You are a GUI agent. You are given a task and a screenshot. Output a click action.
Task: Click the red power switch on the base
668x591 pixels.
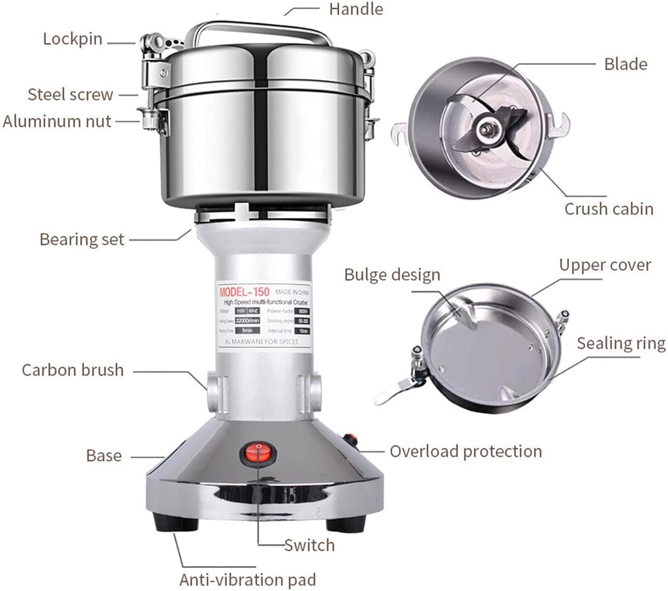click(258, 453)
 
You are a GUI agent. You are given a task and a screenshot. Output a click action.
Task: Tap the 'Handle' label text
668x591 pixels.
click(356, 9)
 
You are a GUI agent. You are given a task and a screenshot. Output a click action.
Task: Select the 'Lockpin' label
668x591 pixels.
click(72, 38)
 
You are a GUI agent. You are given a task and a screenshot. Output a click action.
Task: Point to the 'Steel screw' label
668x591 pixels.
click(70, 95)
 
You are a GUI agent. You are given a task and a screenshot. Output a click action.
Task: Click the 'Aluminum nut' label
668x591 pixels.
click(57, 121)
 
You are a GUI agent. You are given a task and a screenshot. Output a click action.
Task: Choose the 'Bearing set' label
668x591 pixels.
click(82, 239)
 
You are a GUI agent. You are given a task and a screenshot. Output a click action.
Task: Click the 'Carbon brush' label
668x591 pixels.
click(72, 370)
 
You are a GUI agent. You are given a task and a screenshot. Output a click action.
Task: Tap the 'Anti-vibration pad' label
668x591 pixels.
click(248, 579)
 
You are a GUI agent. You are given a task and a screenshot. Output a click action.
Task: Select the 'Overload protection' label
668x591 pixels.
click(466, 451)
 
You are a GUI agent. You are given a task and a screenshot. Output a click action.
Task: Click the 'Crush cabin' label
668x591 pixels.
click(609, 209)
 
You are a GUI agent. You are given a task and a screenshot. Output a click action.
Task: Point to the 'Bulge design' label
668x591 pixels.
click(392, 275)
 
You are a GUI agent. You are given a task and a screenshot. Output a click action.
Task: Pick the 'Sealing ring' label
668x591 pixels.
click(621, 344)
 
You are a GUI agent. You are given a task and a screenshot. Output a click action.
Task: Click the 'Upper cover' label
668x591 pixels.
click(605, 265)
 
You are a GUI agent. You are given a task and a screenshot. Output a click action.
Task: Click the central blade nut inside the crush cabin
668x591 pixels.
click(486, 128)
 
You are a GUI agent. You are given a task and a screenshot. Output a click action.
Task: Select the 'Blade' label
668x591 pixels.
click(626, 63)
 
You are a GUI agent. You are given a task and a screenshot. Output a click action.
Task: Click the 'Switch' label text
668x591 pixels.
click(309, 545)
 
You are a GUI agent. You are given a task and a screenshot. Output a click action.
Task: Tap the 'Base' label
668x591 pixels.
click(104, 455)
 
